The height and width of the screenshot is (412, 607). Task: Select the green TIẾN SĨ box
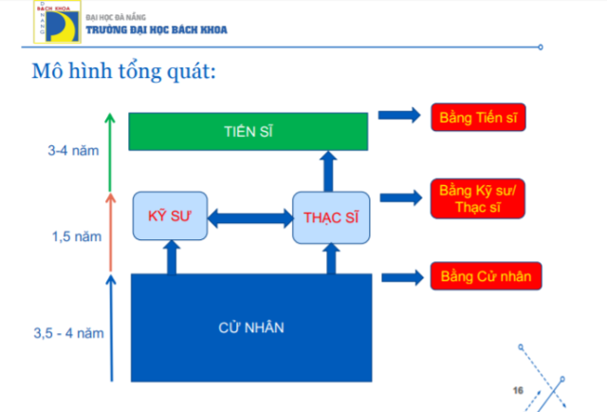248,131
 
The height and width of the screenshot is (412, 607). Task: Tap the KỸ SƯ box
170,215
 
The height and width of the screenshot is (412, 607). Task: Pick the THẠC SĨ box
330,217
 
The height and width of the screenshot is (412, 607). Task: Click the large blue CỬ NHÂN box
248,327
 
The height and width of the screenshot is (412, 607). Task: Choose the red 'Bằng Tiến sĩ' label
478,117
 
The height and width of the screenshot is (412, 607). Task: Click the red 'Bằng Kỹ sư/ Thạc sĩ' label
477,198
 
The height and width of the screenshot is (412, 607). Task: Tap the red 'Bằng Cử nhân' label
486,277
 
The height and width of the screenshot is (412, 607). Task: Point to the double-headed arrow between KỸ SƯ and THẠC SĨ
249,217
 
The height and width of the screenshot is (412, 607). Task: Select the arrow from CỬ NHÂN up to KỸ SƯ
172,256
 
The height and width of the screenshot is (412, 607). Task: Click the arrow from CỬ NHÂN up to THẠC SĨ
329,258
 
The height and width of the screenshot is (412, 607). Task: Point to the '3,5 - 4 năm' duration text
67,332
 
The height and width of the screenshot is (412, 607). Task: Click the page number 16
518,390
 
